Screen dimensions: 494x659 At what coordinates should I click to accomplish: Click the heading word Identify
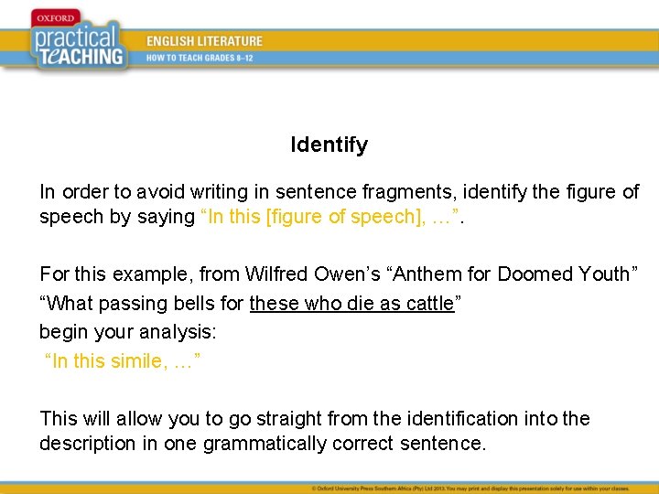point(329,145)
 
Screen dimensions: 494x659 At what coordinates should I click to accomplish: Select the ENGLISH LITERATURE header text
point(205,41)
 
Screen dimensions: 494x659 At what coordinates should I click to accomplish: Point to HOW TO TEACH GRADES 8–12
point(200,58)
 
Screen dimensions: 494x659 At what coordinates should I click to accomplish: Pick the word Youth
point(610,274)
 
